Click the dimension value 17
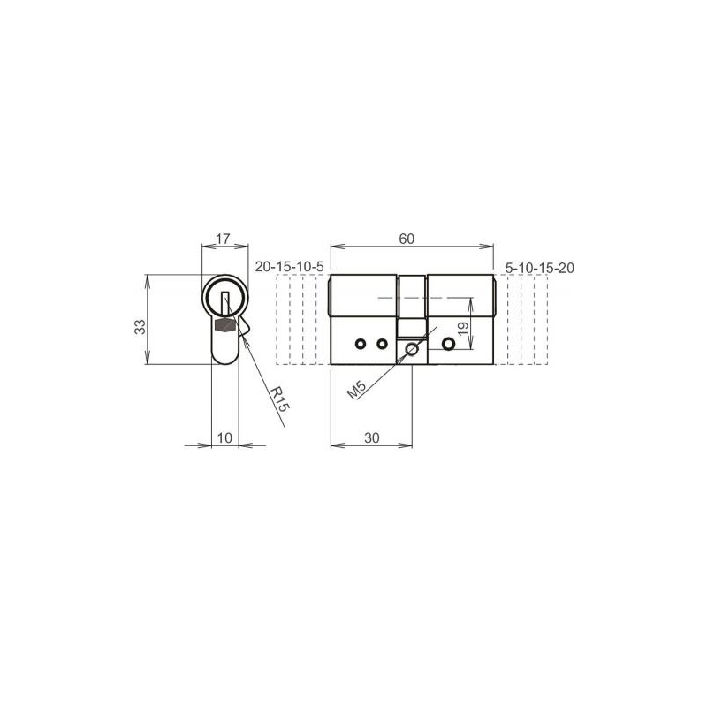point(223,239)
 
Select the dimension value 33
point(141,326)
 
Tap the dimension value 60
point(407,239)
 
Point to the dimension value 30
point(371,437)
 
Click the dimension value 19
point(463,328)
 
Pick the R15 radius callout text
point(279,399)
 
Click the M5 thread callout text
point(357,390)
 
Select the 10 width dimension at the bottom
point(224,437)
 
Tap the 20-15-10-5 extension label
point(290,267)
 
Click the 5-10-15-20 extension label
point(540,269)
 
